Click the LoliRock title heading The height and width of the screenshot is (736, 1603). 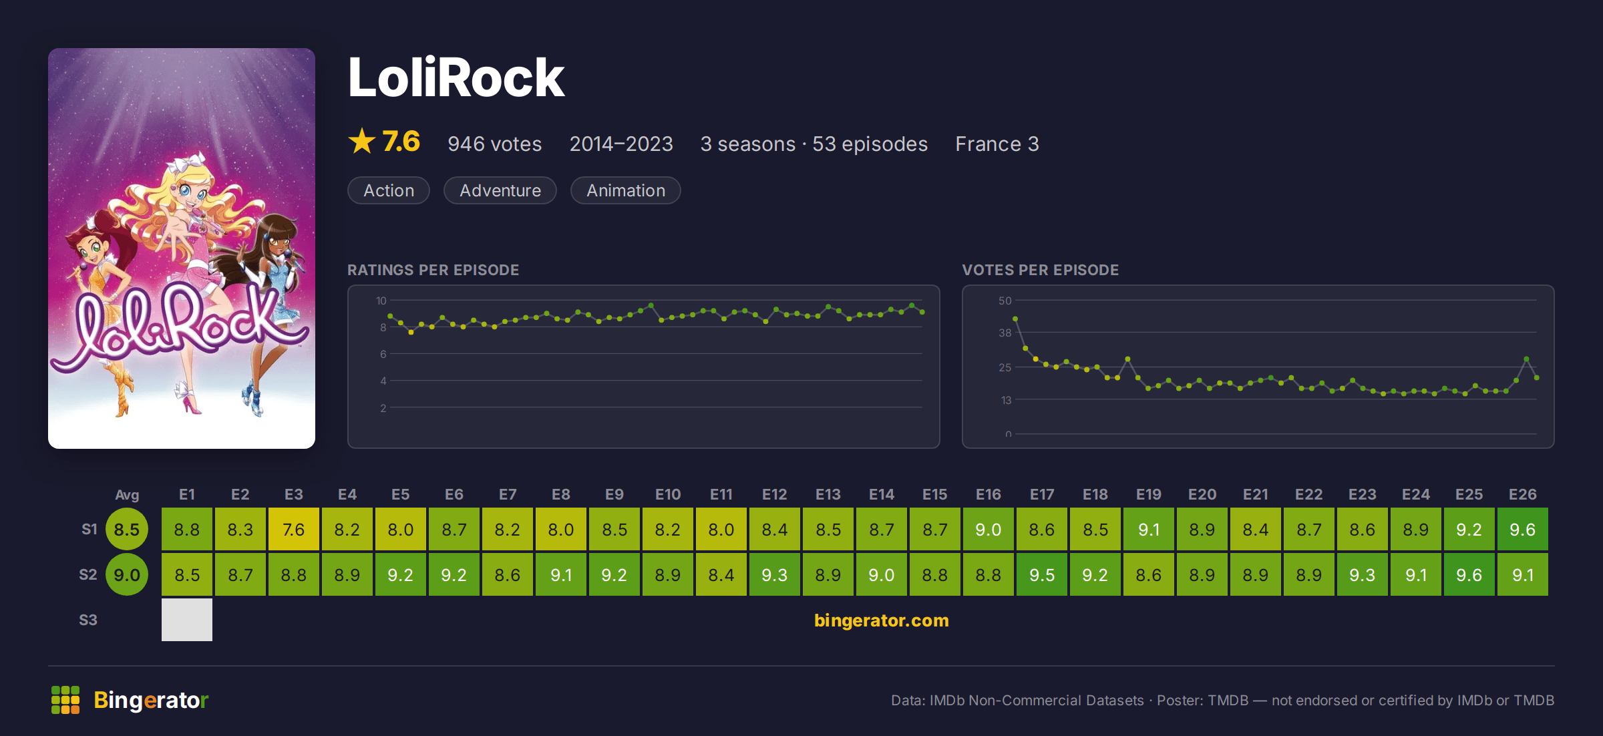tap(456, 77)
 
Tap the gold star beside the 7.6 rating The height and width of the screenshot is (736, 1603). tap(362, 141)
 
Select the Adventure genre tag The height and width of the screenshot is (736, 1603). tap(500, 190)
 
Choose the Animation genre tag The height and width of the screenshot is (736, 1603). tap(626, 190)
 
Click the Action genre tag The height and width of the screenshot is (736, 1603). tap(389, 190)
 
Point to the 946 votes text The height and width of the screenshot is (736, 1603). tap(495, 144)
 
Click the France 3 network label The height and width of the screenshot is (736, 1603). tap(997, 144)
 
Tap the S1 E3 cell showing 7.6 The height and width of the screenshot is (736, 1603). tap(294, 529)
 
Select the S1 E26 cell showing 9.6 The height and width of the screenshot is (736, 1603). tap(1523, 529)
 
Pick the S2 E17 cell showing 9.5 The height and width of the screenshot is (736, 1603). tap(1042, 574)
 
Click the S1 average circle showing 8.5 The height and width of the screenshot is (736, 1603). tap(127, 529)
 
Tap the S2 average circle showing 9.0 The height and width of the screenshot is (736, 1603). tap(127, 574)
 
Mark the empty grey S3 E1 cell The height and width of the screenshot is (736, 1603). tap(187, 620)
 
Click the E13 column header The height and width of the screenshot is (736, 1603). tap(828, 494)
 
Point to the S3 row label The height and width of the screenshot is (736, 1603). tap(88, 620)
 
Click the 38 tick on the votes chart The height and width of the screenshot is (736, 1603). tap(1005, 333)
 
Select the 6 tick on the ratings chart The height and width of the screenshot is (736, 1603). tap(383, 354)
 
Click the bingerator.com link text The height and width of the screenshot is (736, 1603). tap(882, 620)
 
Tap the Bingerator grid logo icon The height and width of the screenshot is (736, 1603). tap(65, 700)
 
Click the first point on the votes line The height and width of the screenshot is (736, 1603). tap(1015, 319)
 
